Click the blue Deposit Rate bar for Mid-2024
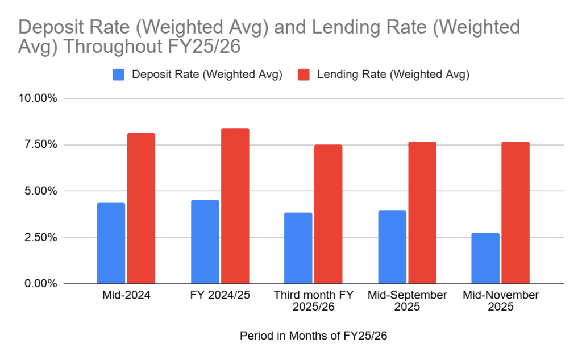111,243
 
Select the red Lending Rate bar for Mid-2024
141,208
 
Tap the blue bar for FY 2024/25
205,242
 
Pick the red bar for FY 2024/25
235,206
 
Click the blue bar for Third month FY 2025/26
298,248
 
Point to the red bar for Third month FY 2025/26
329,214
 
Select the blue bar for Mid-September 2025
392,247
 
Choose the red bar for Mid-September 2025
422,213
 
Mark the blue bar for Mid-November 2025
485,258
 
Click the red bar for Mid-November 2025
516,213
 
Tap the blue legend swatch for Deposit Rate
118,75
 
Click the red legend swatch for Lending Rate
304,75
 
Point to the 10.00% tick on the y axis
36,98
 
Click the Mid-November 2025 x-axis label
501,301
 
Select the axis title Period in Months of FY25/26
313,336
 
